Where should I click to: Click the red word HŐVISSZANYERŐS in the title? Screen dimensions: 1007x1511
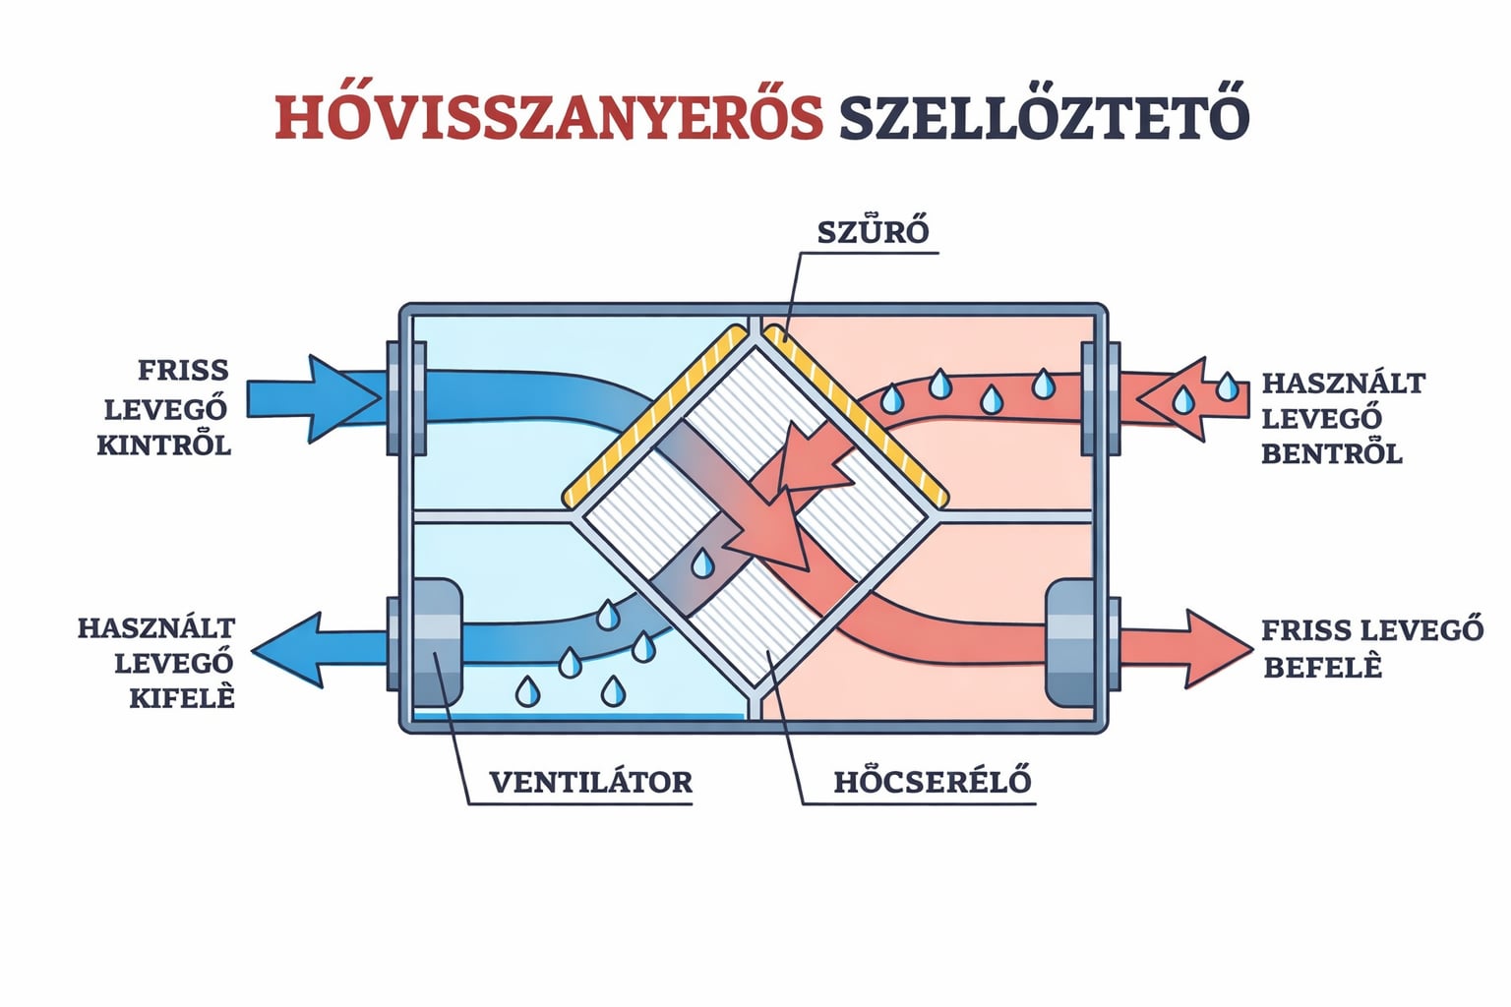[x=548, y=117]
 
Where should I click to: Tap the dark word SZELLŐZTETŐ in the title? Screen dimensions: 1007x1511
[x=1044, y=117]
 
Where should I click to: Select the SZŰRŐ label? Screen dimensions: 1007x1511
[x=873, y=232]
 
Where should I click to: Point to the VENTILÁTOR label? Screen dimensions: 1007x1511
[x=591, y=783]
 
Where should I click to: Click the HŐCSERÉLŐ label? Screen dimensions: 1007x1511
[x=933, y=783]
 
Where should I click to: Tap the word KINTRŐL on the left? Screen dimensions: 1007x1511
[x=164, y=445]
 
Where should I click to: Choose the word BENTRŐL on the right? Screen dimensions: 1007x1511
[x=1332, y=454]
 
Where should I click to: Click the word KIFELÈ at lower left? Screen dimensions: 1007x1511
[x=182, y=698]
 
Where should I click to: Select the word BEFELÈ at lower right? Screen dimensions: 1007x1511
[x=1322, y=668]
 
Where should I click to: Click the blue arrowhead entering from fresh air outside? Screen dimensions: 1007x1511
[x=339, y=399]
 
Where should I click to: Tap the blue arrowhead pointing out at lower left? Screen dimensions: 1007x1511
[x=290, y=649]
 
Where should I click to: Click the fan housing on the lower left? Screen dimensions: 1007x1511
[x=433, y=642]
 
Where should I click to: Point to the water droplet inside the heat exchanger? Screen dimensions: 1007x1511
[x=702, y=563]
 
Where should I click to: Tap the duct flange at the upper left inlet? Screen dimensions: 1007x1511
[x=406, y=398]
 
